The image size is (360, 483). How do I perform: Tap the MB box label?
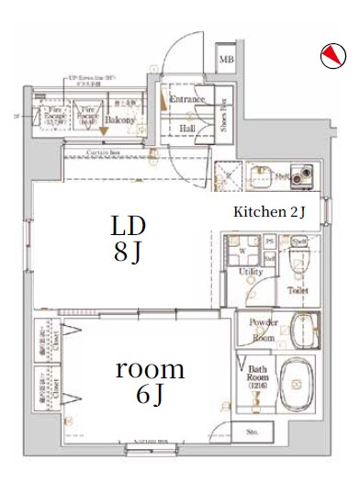point(226,62)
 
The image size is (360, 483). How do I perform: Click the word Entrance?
point(186,99)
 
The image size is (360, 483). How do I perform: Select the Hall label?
point(186,129)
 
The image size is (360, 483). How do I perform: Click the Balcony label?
point(119,120)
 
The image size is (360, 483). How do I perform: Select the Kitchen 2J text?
point(269,212)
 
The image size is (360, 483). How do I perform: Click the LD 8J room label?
point(128,239)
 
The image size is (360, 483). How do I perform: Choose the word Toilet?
point(298,290)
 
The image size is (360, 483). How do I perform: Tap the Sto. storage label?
point(251,432)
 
